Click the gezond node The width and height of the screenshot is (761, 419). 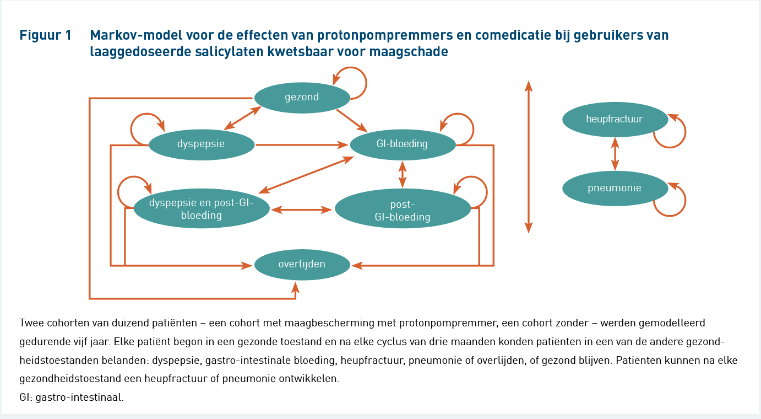(x=302, y=98)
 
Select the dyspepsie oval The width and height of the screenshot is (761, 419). (x=202, y=144)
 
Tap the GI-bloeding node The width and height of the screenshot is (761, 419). (x=403, y=144)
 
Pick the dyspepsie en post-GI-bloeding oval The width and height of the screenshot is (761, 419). (x=202, y=208)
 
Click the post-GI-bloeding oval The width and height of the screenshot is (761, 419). (x=403, y=208)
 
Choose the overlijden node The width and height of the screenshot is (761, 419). (x=302, y=265)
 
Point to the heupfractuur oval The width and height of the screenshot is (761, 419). (x=615, y=120)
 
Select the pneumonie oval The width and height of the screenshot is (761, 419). (x=615, y=188)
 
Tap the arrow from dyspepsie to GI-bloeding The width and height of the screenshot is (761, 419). (x=302, y=145)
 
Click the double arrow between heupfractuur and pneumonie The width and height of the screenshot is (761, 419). (x=615, y=154)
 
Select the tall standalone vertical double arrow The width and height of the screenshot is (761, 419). (x=528, y=157)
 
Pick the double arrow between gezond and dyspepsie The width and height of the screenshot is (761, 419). (x=242, y=118)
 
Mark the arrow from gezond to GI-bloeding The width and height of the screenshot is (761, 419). (x=352, y=121)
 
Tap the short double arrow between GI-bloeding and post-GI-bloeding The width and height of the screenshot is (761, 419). (x=403, y=174)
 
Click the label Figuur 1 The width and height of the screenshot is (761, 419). (x=45, y=35)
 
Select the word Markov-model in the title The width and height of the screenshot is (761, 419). (x=136, y=35)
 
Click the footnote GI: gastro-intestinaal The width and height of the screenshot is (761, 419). (x=72, y=397)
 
